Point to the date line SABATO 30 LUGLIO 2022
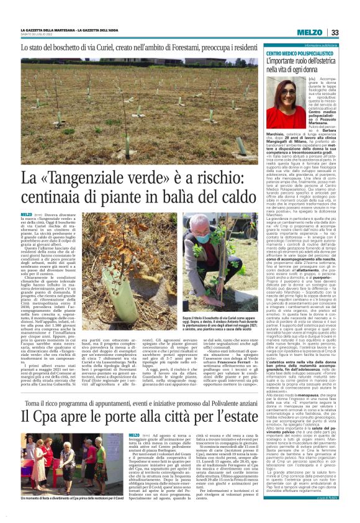click(36, 35)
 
